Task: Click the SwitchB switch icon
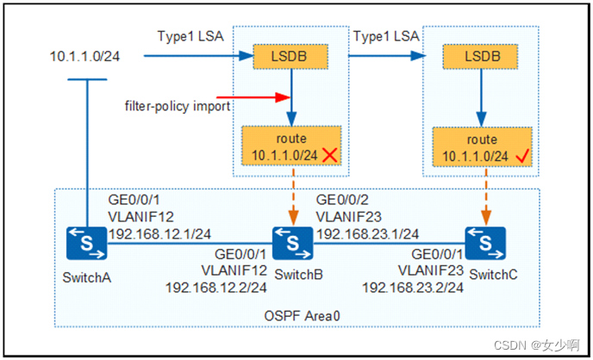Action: tap(293, 244)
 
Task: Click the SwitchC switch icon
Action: tap(484, 244)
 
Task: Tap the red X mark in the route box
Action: tap(328, 155)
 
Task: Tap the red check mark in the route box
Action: tap(520, 155)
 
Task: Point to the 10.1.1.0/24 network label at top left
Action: tap(84, 57)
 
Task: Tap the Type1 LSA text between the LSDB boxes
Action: tap(384, 38)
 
